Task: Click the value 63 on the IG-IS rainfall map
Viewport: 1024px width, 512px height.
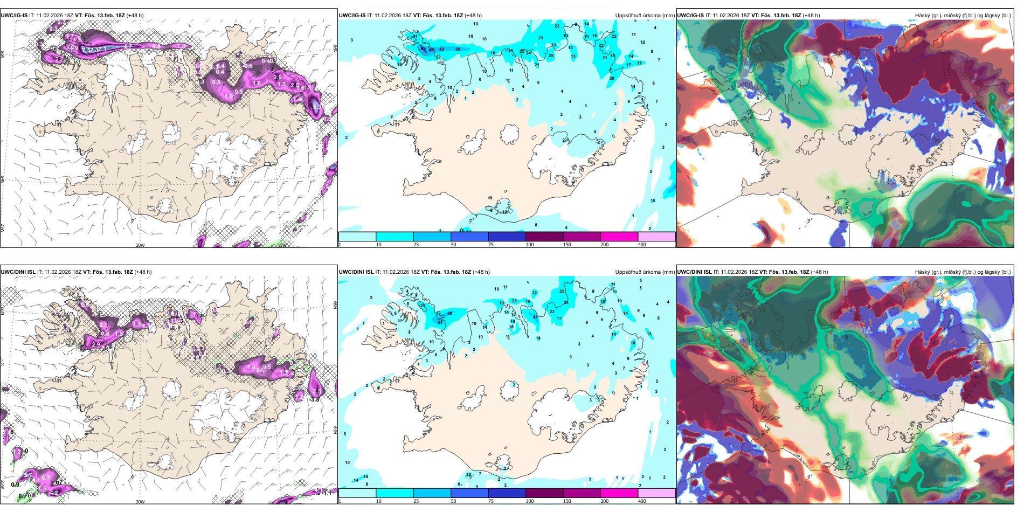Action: pos(423,49)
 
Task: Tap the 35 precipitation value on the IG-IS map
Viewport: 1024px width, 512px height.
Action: pos(458,49)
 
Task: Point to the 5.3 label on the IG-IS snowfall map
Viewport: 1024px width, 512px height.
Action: pos(316,107)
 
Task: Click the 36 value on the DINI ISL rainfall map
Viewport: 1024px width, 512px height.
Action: pos(450,313)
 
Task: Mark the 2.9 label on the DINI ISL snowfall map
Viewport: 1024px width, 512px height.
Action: pos(96,344)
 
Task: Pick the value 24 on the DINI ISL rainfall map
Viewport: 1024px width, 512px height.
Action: pos(566,302)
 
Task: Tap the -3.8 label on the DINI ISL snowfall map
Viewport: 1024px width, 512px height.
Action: pos(315,399)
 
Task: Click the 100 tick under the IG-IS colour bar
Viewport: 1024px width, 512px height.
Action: pos(530,245)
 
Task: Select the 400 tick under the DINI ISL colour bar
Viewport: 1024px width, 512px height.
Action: pos(642,501)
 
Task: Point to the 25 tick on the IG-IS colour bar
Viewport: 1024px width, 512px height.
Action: pos(416,245)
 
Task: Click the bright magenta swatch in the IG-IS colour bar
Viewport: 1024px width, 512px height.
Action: pos(619,237)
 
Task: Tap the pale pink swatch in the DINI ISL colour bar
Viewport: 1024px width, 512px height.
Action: pos(656,493)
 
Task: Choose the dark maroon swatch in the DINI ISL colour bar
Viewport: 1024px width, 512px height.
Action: pos(544,493)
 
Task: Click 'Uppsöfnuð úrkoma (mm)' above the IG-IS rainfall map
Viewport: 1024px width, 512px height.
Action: pos(645,16)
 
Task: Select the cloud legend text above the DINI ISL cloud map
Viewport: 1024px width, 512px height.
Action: pos(963,272)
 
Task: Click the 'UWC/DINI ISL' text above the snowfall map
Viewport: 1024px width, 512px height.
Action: pos(18,272)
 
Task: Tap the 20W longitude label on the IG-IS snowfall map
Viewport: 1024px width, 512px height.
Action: pos(140,245)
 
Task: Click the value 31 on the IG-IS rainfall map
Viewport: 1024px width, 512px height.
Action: pos(415,36)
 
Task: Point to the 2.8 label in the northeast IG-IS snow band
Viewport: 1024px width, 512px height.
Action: pos(278,77)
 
